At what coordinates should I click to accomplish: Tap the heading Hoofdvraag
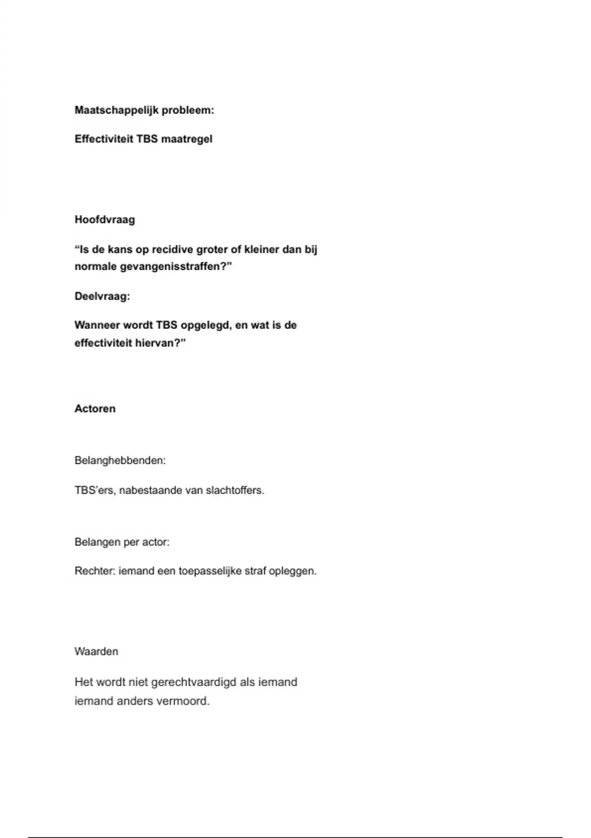[x=104, y=220]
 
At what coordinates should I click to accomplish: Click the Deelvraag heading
[x=102, y=296]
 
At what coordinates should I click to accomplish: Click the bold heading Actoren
[x=95, y=409]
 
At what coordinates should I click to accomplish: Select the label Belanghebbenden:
[x=120, y=460]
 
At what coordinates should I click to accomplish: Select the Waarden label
[x=96, y=652]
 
